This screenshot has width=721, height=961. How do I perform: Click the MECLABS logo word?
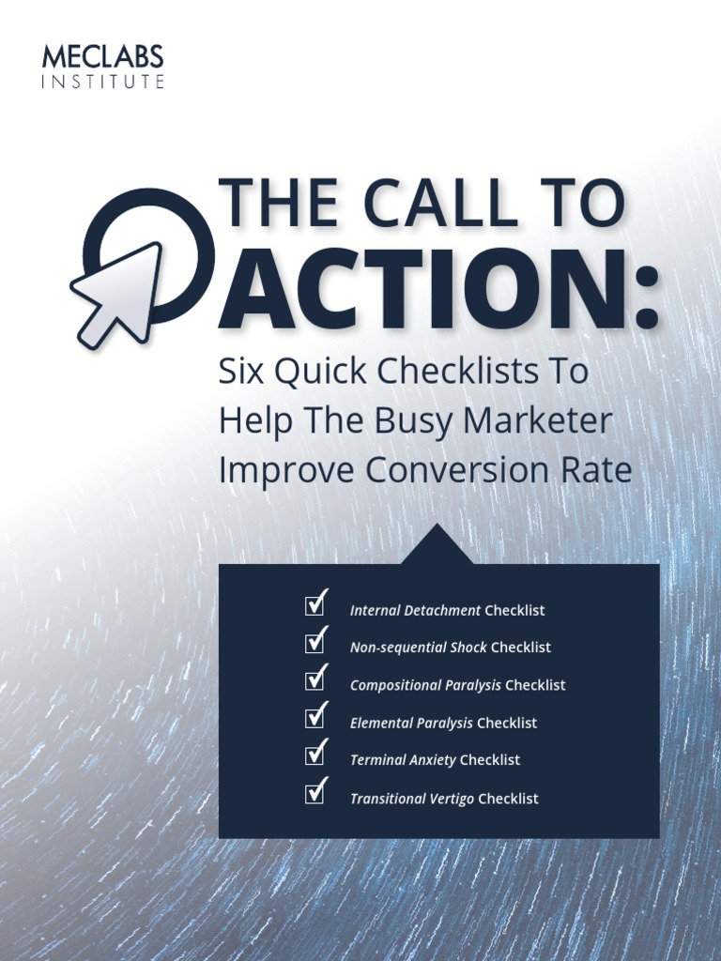click(x=102, y=57)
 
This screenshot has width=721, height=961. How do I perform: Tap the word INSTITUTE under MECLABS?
click(x=102, y=83)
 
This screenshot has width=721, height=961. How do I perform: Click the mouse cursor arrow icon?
click(x=117, y=292)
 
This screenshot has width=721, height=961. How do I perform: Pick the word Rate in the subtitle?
click(x=598, y=470)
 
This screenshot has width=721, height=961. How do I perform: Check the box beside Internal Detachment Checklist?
click(x=315, y=604)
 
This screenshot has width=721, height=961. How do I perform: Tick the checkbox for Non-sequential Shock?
click(x=315, y=642)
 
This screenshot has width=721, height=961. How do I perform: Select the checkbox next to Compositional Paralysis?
click(x=315, y=679)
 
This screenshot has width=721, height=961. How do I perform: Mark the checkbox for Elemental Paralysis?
click(x=315, y=717)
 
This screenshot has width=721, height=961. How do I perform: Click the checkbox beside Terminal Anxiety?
click(x=315, y=755)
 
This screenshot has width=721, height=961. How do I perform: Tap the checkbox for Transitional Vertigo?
click(x=315, y=793)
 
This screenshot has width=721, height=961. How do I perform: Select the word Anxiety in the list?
click(x=433, y=760)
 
